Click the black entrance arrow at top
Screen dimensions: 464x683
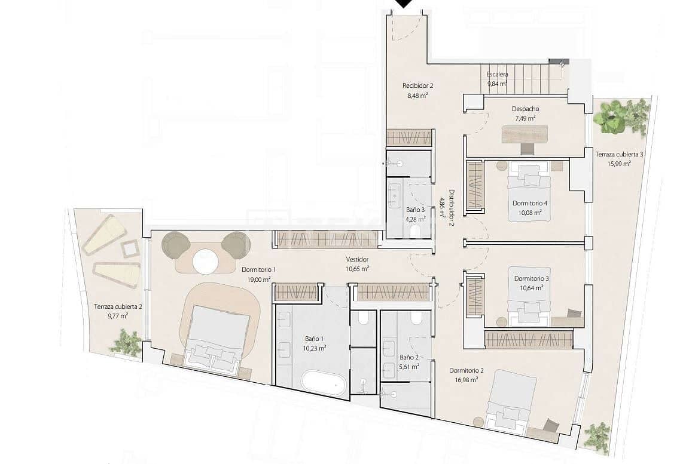pos(405,4)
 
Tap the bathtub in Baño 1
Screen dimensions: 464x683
pos(324,382)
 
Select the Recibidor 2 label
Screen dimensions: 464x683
pos(417,85)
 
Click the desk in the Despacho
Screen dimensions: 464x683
pos(525,134)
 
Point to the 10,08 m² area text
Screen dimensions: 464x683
pos(529,212)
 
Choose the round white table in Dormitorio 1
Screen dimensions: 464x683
pos(206,261)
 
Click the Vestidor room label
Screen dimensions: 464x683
pos(357,260)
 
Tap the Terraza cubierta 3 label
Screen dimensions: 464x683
pos(619,155)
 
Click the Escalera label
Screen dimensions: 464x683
pos(497,75)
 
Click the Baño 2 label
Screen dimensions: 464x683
pos(409,358)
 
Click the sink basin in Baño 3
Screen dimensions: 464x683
pos(395,193)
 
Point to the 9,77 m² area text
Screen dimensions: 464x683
pos(118,316)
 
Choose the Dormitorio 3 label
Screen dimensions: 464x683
pos(531,278)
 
